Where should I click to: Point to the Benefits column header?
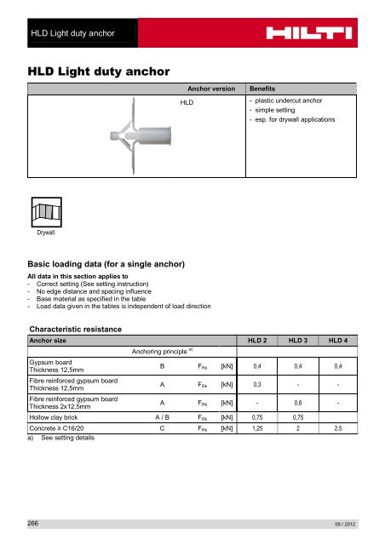point(264,88)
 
